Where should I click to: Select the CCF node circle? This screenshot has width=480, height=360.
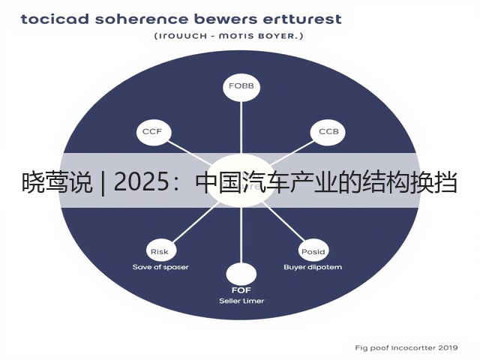click(x=152, y=132)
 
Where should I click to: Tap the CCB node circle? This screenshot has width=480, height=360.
click(x=328, y=132)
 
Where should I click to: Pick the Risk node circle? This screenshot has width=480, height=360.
click(x=159, y=251)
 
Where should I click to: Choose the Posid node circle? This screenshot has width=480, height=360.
click(x=313, y=251)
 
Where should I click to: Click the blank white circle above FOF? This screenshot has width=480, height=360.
click(x=241, y=274)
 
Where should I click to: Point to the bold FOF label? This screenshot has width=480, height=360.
click(x=241, y=290)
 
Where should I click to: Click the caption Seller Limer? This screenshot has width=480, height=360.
click(x=241, y=301)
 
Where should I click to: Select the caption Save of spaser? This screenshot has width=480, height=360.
click(x=160, y=267)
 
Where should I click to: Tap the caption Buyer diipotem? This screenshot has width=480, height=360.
click(x=313, y=267)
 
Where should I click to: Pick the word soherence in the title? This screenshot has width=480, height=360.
click(x=142, y=19)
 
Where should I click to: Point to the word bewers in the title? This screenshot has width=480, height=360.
click(x=226, y=19)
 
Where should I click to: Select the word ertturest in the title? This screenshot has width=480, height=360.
click(x=302, y=19)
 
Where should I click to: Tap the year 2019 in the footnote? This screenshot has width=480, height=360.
click(x=448, y=348)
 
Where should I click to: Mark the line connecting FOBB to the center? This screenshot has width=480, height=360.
click(x=241, y=127)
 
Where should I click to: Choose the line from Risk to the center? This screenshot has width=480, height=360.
click(x=195, y=222)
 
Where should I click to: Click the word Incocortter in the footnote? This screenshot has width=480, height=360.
click(x=413, y=348)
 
